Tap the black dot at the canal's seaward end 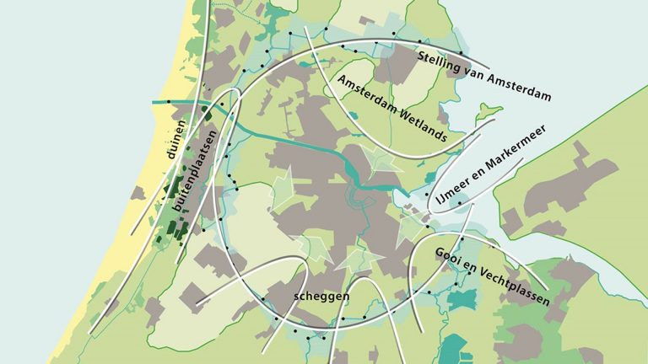[168, 102]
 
